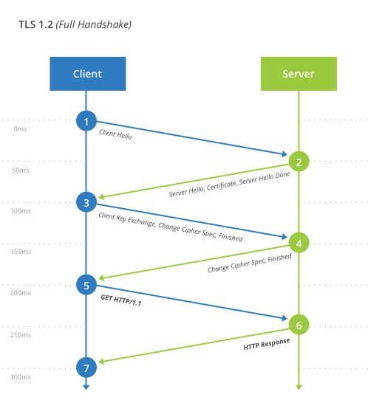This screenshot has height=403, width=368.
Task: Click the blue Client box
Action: [87, 74]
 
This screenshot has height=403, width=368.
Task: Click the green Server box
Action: [299, 74]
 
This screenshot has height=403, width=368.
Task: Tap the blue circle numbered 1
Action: [86, 120]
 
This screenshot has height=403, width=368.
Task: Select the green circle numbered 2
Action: [299, 162]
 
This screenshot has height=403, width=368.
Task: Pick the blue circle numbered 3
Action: [86, 201]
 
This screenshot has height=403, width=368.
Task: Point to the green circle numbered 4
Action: [299, 243]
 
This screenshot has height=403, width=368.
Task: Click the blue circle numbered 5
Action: [86, 283]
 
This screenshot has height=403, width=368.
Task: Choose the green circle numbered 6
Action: [299, 324]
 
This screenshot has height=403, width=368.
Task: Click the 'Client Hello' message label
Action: [115, 134]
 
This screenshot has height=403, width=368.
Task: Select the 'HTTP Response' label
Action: [267, 345]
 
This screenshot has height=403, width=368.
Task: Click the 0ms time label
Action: [20, 129]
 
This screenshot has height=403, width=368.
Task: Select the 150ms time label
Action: [20, 252]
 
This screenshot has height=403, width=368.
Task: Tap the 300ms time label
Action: [20, 376]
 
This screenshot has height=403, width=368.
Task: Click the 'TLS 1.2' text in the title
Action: [35, 24]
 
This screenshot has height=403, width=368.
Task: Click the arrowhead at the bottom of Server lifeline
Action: [299, 386]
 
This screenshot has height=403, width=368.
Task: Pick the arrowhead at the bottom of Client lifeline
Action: [86, 386]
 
